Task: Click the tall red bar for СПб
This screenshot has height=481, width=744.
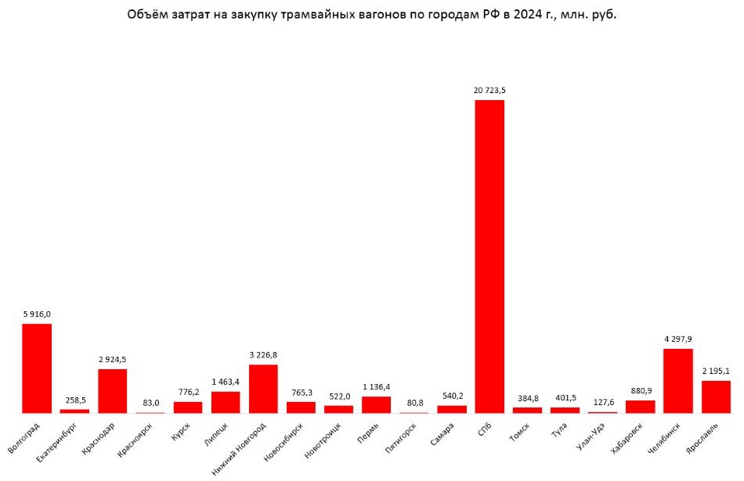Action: (489, 257)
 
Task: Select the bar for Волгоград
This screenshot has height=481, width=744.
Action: (37, 368)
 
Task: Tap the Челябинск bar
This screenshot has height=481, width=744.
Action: (677, 380)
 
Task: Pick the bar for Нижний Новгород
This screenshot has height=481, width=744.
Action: (263, 388)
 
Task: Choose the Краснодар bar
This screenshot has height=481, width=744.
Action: (112, 390)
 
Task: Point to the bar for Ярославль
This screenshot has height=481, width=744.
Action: (716, 397)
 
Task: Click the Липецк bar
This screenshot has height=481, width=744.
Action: (226, 401)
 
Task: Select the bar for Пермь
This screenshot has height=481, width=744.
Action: (376, 404)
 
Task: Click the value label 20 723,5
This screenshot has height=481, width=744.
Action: (489, 91)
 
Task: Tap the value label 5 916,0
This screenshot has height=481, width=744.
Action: (37, 314)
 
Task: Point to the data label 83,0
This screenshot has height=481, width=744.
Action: (150, 403)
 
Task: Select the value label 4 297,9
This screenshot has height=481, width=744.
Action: (677, 339)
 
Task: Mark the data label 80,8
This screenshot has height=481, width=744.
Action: (414, 403)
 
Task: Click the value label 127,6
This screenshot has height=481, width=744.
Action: (602, 402)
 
